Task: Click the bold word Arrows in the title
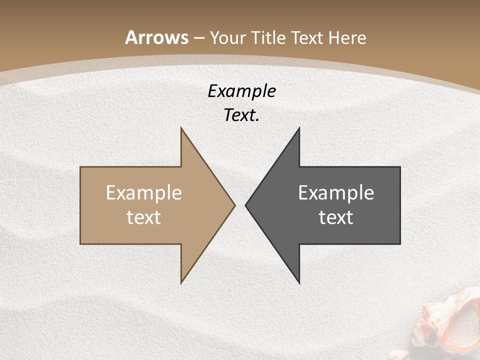157,37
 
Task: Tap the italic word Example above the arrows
241,91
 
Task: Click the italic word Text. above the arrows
241,115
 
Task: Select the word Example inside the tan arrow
144,193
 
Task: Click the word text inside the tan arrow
144,217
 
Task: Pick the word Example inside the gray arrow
336,193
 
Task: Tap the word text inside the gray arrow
336,217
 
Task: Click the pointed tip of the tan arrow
234,205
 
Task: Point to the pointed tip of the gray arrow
246,205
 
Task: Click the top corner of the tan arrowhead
181,128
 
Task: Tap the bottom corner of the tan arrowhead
181,282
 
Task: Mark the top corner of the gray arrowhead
299,128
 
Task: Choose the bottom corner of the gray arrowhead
299,282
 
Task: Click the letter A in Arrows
131,37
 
